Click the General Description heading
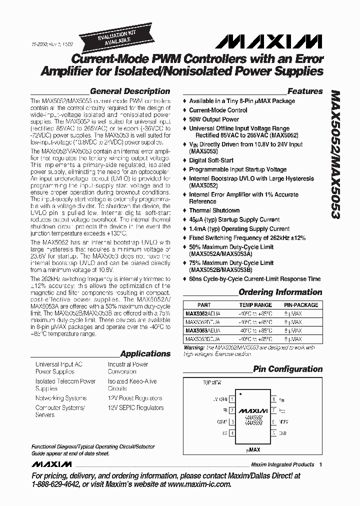130,91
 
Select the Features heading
305,91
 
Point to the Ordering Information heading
280,292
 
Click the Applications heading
145,353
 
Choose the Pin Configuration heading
287,369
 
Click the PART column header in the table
204,305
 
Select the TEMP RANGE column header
255,305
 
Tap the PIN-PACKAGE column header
301,305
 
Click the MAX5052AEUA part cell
202,313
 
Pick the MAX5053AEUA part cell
202,330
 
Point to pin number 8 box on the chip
273,399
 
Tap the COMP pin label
221,421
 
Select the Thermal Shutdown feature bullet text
214,210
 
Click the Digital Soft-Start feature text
211,160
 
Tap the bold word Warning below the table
194,347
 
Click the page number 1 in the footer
320,464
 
